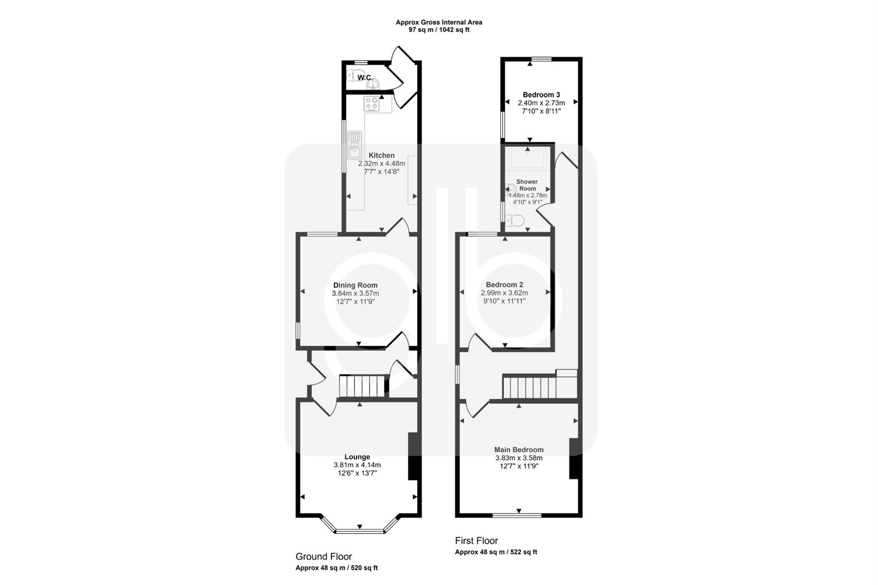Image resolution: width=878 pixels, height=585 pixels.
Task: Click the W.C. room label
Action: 365,78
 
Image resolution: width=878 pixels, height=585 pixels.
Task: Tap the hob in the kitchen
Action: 372,103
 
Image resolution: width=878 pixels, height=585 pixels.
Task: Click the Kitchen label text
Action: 382,155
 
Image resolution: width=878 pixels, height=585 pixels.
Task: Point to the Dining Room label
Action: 355,285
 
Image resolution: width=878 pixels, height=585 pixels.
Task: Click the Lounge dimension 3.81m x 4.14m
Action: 357,465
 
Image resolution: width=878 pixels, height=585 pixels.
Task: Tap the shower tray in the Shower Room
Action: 527,161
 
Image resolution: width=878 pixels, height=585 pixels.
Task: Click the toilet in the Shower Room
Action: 515,220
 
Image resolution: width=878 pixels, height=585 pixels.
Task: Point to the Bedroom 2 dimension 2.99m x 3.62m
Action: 504,293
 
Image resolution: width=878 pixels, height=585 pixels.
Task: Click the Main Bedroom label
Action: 519,450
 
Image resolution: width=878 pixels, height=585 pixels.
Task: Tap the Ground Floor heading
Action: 324,556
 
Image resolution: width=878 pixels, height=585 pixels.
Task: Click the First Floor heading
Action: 476,541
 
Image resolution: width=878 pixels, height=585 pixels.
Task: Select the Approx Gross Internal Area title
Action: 438,22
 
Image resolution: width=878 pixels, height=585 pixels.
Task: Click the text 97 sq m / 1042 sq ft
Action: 438,30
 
